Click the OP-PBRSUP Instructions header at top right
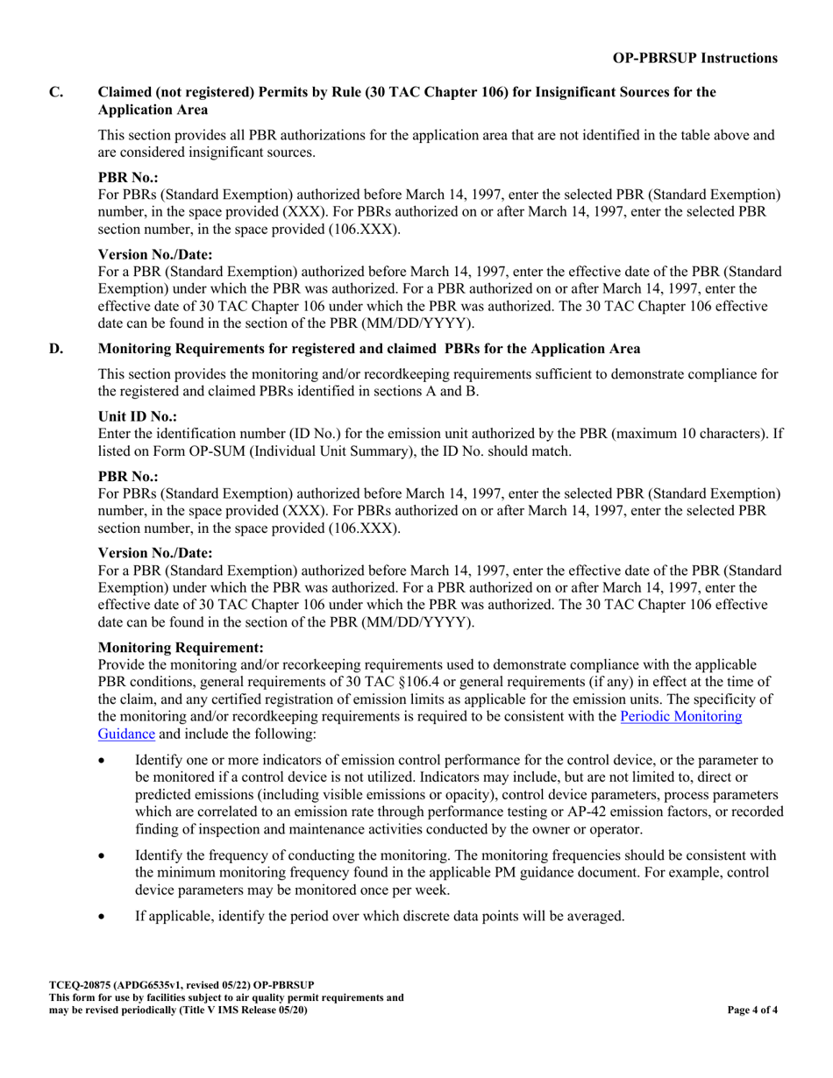tap(694, 58)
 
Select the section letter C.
tap(55, 92)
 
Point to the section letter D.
tap(55, 349)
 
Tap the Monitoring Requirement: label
tap(181, 648)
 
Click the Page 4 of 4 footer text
tap(752, 1010)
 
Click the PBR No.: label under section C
tap(128, 177)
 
